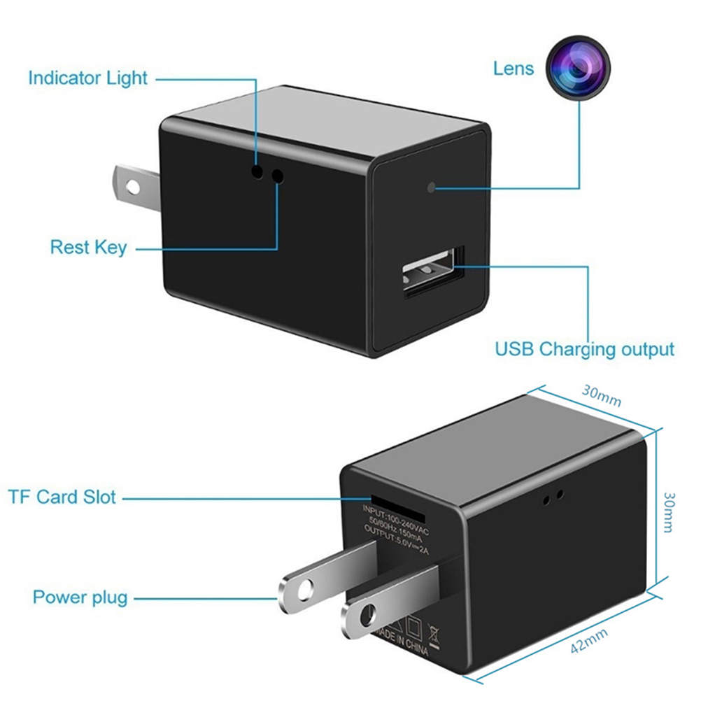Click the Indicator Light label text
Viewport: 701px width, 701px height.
(x=87, y=78)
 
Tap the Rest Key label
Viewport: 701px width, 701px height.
(x=88, y=247)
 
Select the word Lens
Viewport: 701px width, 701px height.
(x=513, y=68)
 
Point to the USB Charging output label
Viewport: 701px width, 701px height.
(x=584, y=348)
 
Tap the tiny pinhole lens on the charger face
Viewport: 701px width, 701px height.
(x=432, y=187)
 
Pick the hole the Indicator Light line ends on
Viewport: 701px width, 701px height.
(x=258, y=172)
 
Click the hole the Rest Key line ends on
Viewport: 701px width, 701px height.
(x=278, y=176)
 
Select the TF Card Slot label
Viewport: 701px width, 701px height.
(x=62, y=497)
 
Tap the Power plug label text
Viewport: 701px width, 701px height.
(x=80, y=597)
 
